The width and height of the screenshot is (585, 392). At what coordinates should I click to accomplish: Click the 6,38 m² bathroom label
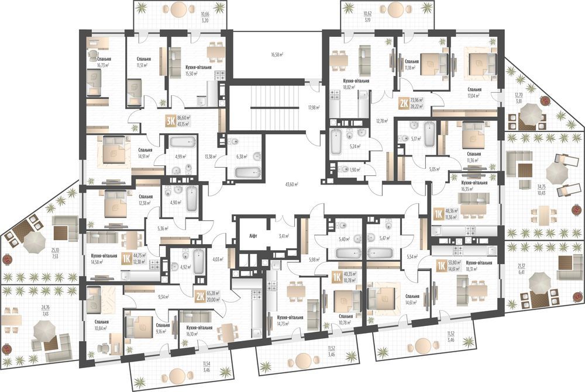coord(240,157)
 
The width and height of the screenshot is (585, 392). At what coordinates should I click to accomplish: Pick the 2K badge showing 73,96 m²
coord(404,103)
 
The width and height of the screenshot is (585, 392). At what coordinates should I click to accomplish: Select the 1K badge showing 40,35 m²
coord(337,277)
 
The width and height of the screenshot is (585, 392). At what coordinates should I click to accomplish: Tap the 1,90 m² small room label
coord(355,169)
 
